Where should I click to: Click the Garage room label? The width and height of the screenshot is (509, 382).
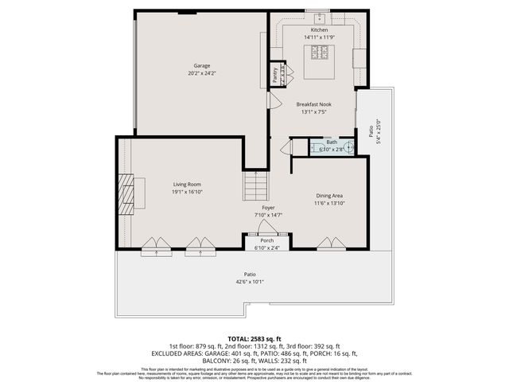coord(201,65)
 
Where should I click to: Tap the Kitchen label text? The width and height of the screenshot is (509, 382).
coord(319,29)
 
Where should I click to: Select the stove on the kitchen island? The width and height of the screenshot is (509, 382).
coord(321,53)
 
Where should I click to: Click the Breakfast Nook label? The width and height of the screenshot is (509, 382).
coord(314,104)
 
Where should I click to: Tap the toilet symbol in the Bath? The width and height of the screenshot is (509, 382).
coord(348,147)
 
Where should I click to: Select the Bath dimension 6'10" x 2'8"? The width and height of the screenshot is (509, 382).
coord(332,150)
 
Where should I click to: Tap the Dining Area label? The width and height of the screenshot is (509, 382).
coord(329,195)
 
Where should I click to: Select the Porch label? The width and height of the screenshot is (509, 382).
coord(267,240)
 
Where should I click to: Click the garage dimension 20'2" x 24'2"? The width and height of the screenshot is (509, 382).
coord(201,73)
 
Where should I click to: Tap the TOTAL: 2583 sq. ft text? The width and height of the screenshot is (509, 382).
coord(254,338)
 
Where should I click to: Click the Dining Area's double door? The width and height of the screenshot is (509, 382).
coord(328,244)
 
